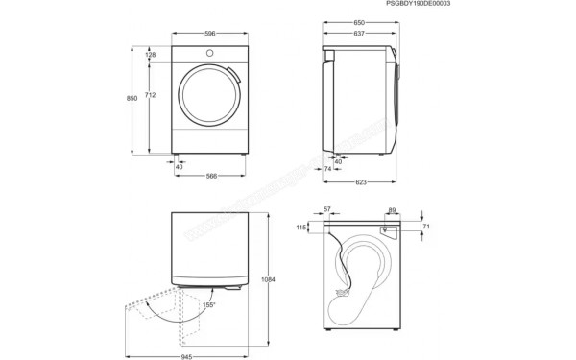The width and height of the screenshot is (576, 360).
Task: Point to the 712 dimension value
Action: [151, 95]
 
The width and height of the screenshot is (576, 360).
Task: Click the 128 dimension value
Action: [151, 55]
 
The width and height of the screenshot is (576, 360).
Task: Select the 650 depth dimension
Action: [358, 22]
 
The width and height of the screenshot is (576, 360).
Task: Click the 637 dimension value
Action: [358, 34]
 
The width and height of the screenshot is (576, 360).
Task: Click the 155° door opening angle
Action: [208, 304]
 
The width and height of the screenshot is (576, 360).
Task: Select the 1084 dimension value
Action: [269, 279]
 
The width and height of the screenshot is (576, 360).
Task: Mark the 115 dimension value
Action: [301, 228]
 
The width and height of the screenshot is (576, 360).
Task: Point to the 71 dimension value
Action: [426, 227]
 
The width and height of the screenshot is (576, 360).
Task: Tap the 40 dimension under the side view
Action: [338, 161]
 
